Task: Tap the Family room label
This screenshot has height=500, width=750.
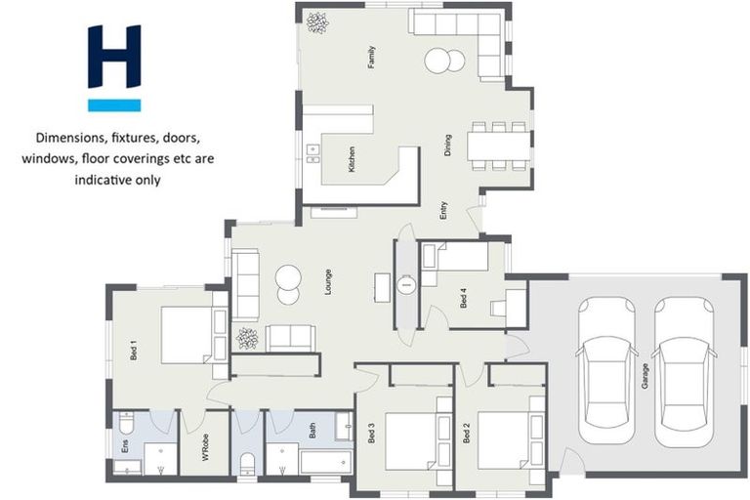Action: [x=372, y=58]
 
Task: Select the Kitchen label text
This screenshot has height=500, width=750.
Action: [x=351, y=159]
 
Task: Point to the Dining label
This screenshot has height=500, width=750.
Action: [x=448, y=146]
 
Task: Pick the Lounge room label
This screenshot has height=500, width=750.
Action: [x=329, y=282]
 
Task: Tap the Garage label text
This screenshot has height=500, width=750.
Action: [x=645, y=377]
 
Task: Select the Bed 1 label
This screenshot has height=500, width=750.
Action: [x=133, y=349]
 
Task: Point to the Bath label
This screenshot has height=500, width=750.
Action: [x=312, y=430]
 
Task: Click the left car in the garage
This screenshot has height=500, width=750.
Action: [x=606, y=369]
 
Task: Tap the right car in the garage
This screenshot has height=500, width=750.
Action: [x=684, y=369]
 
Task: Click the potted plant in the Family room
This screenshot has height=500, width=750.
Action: [x=317, y=22]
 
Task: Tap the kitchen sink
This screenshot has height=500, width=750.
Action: [x=313, y=150]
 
